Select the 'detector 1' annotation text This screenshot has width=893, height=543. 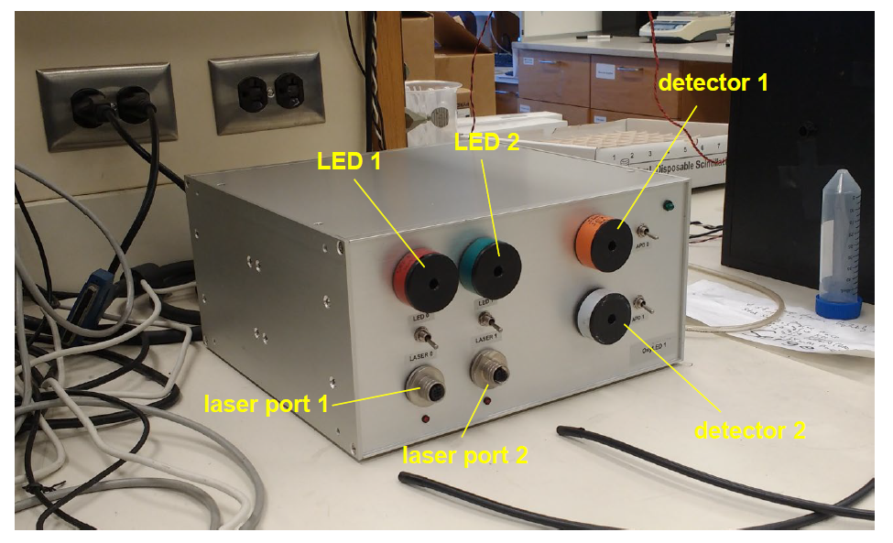point(713,83)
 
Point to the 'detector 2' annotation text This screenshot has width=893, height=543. point(749,430)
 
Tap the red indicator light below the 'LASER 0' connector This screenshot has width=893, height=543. point(426,418)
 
